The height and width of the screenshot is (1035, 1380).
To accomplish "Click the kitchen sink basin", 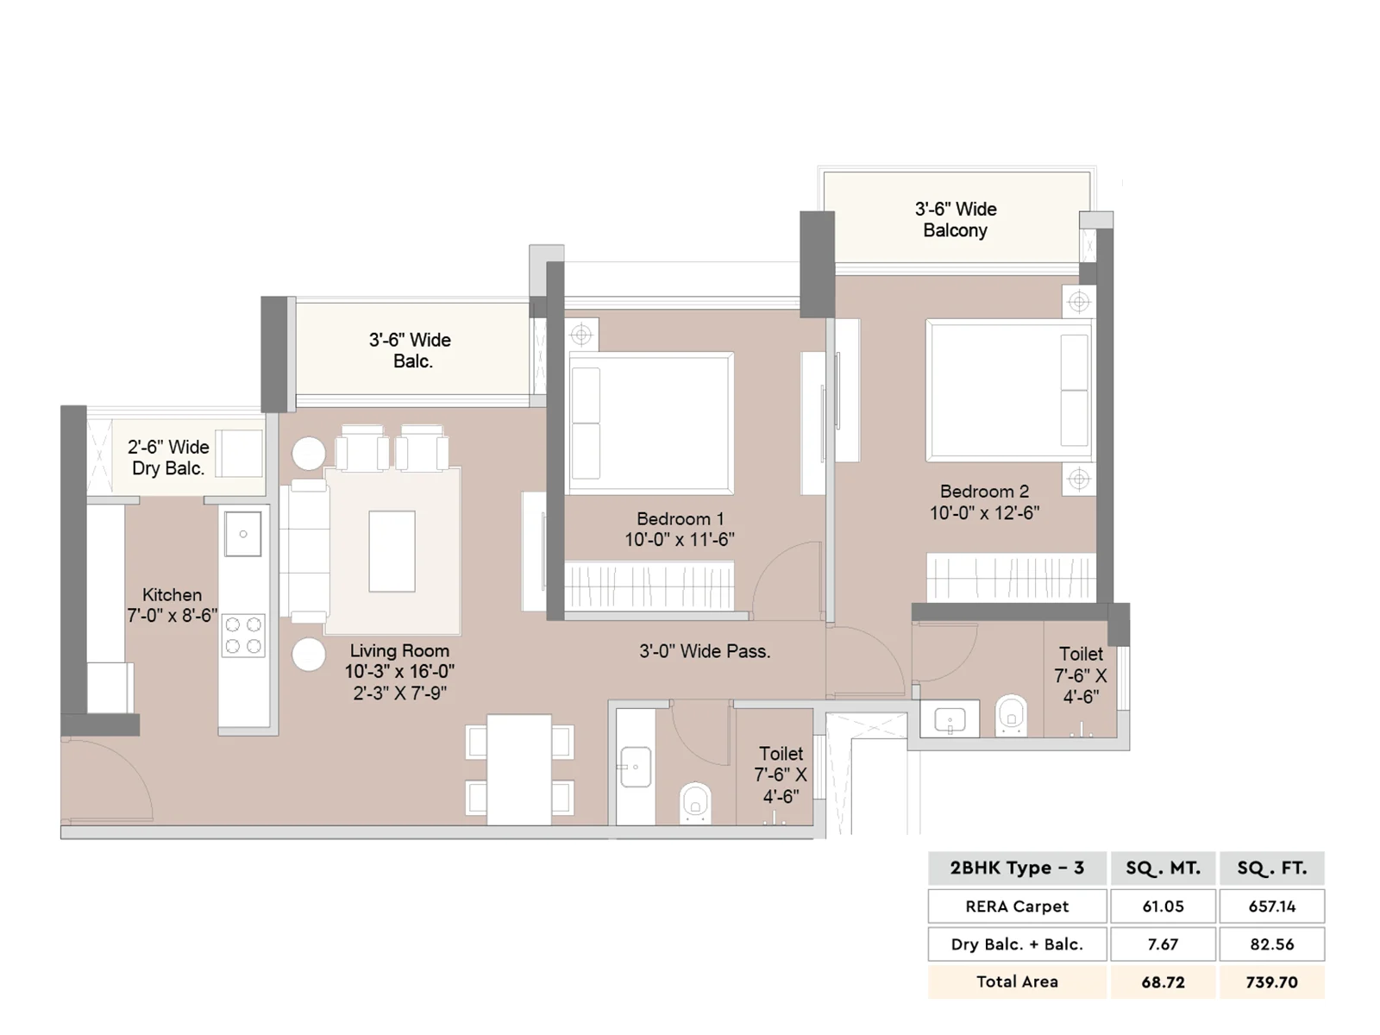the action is coord(242,534).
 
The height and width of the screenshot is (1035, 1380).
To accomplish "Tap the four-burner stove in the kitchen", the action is coord(242,636).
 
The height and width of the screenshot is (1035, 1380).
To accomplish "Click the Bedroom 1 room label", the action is coord(681,519).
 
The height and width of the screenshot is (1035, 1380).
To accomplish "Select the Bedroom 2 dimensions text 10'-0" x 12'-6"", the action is coord(985,513).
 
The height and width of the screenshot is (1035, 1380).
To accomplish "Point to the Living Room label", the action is coord(400,651).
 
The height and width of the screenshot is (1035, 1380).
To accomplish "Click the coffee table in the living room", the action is coord(392,551).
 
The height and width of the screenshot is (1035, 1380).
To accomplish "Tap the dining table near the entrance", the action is coord(519,769).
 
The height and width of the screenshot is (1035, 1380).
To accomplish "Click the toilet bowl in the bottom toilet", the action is coord(695,802).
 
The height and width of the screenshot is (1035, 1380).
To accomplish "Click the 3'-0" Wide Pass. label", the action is coord(705,652).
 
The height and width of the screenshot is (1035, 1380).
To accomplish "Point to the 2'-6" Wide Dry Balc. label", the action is coord(168,457).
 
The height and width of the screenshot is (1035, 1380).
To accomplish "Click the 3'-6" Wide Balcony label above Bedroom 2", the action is coord(956,220).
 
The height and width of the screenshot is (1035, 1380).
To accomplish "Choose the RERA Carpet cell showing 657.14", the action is coord(1272,906).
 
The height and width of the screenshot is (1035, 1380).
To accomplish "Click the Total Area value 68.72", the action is coord(1164,982).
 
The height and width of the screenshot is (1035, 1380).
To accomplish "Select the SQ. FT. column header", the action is coord(1272,869).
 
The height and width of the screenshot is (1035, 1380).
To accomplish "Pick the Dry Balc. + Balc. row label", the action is coord(1017,944).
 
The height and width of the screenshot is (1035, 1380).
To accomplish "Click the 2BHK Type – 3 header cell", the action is coord(1017,869).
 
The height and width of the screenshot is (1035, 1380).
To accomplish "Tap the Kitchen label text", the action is coord(172,595).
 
